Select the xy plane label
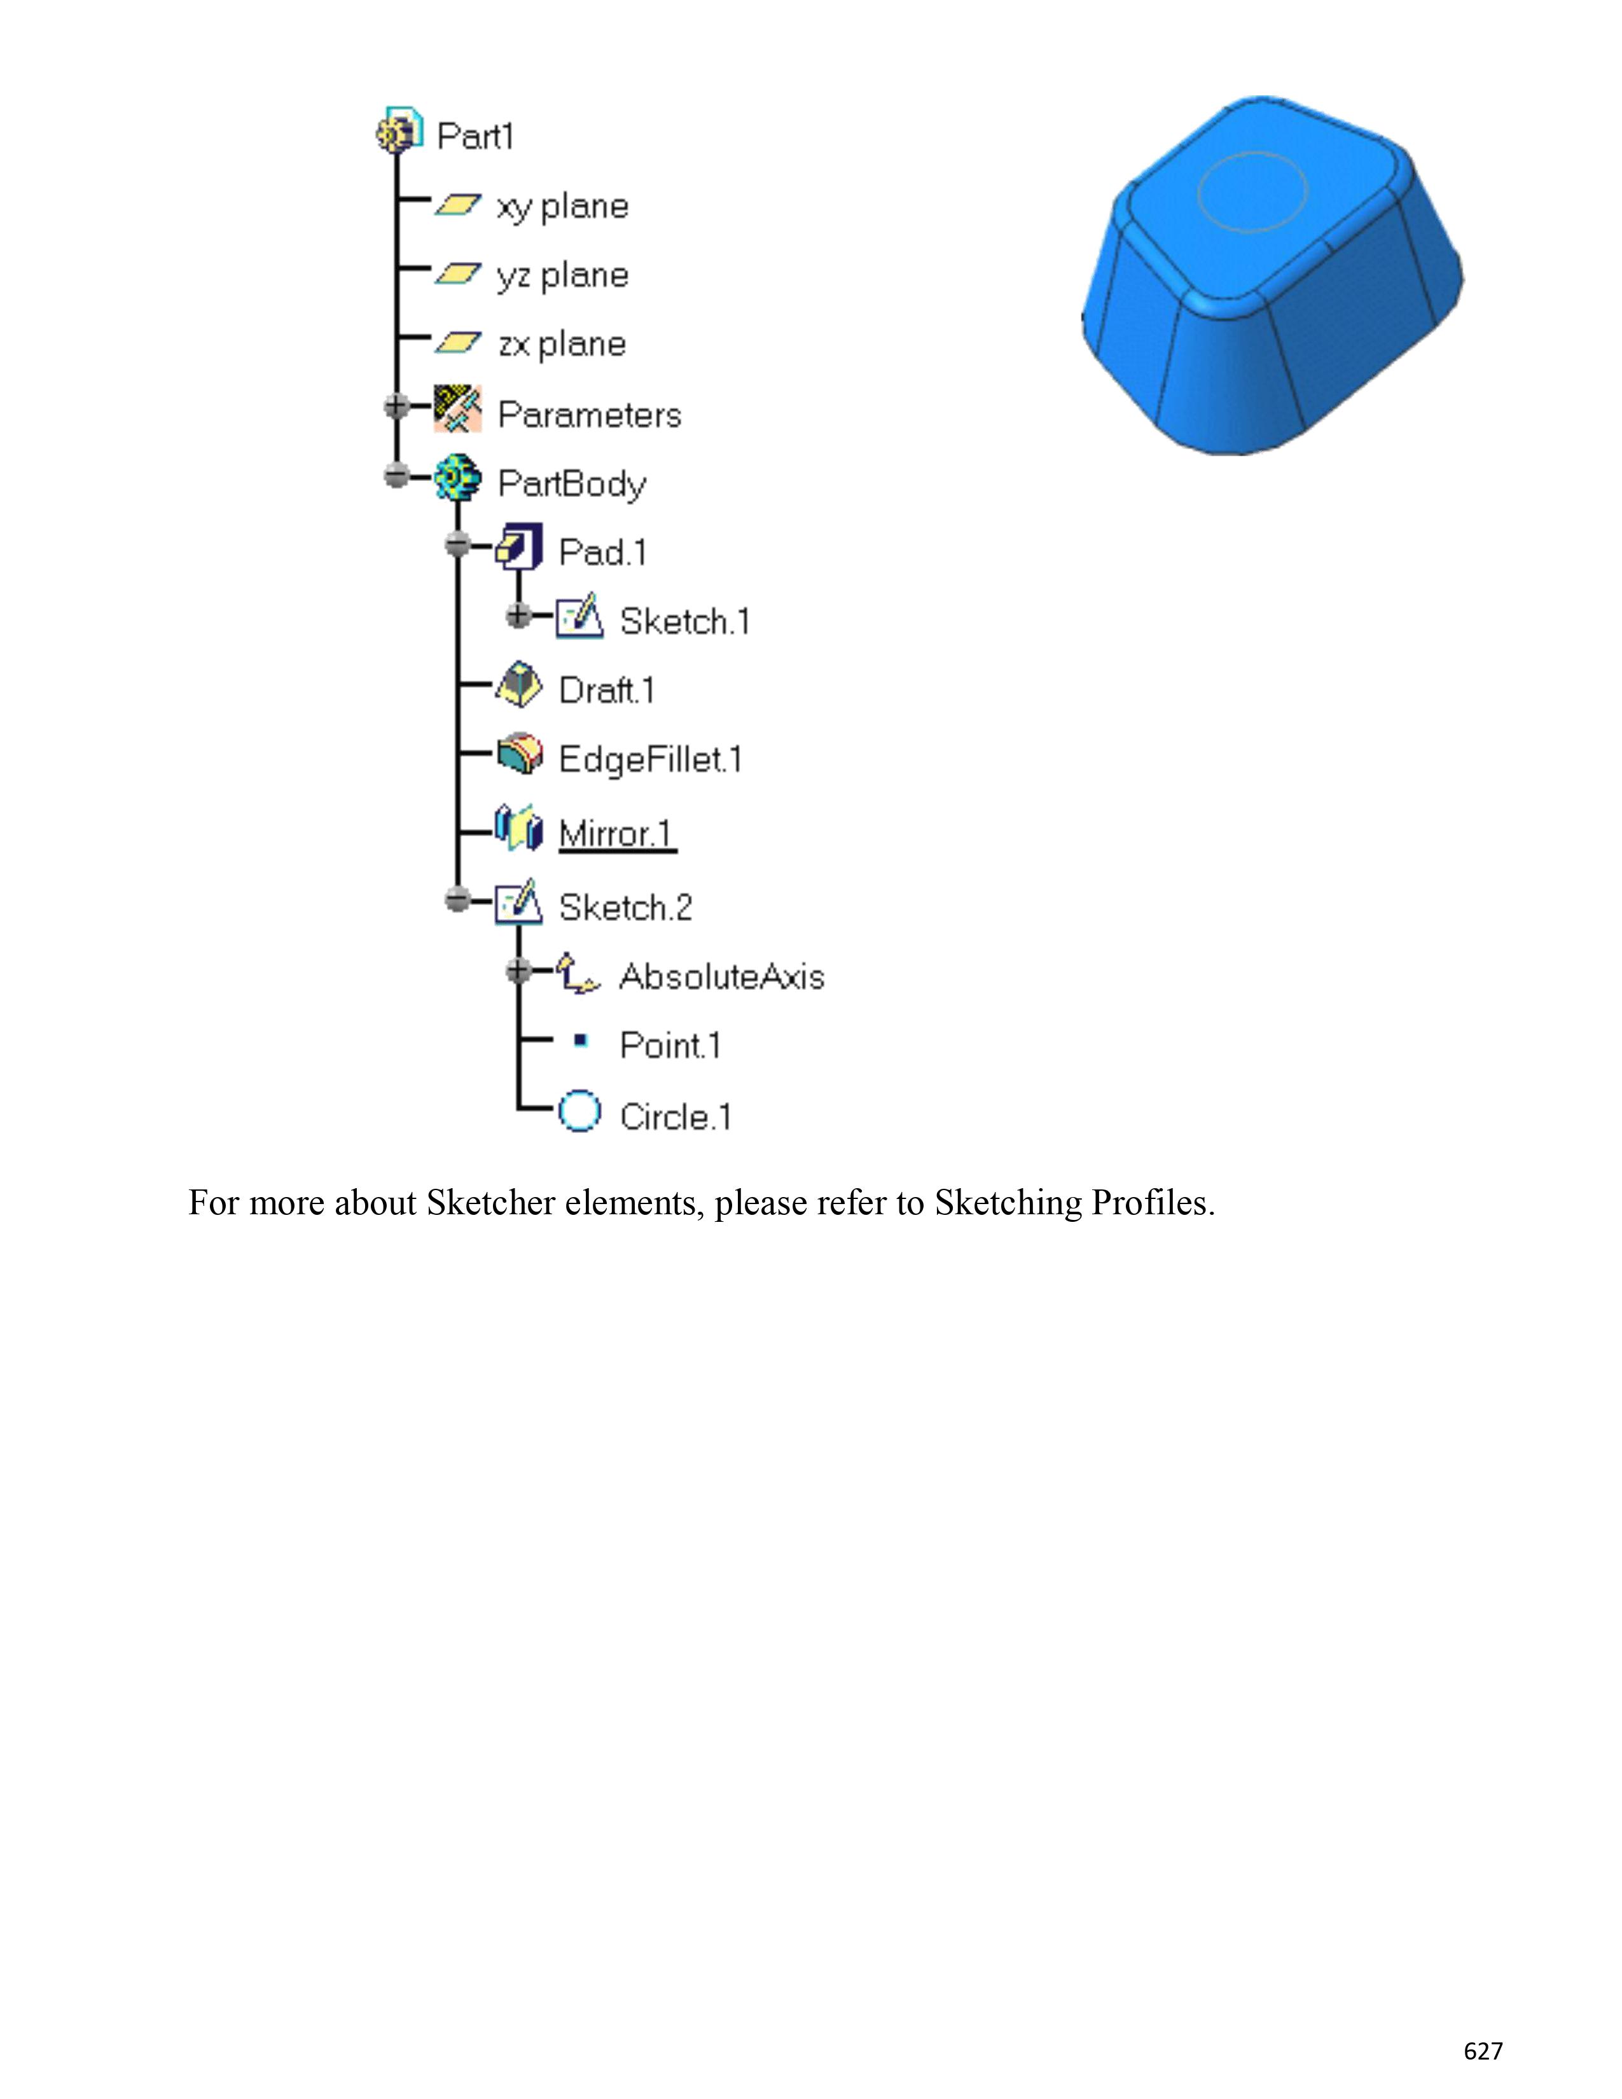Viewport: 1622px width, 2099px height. [x=562, y=207]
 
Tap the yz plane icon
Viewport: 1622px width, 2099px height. [x=457, y=275]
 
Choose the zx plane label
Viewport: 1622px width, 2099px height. [x=562, y=344]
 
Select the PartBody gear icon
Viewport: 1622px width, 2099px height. [x=457, y=478]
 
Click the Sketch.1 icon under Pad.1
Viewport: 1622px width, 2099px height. [x=580, y=617]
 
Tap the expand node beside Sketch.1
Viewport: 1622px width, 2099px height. [x=518, y=615]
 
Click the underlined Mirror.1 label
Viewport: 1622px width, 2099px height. [x=616, y=833]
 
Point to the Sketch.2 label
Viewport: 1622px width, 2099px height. [x=625, y=907]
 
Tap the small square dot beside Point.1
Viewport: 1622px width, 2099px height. [x=579, y=1041]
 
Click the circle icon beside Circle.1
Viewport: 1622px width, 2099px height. [x=579, y=1112]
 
